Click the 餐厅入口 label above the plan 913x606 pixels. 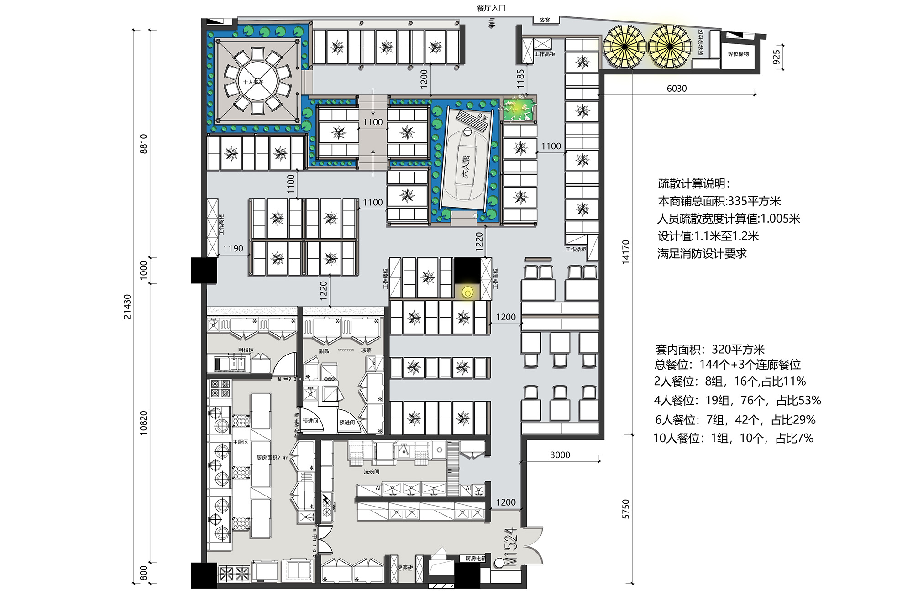tap(491, 8)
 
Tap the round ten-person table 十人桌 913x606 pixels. tap(257, 82)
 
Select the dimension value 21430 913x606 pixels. tap(127, 307)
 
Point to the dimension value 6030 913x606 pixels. tap(677, 89)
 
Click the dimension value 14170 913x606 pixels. tap(625, 251)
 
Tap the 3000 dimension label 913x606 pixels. tap(560, 455)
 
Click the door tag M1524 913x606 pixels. tap(511, 546)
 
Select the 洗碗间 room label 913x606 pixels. tap(371, 471)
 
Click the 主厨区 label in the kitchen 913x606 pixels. tap(241, 442)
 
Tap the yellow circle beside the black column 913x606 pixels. tap(467, 293)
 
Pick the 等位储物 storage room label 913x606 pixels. tap(738, 54)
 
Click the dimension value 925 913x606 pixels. tap(776, 57)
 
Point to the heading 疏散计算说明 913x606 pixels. tap(694, 183)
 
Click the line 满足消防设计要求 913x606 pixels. tap(702, 254)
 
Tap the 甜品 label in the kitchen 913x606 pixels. tap(324, 351)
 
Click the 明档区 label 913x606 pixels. tap(246, 350)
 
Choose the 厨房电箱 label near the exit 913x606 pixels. tap(475, 559)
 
